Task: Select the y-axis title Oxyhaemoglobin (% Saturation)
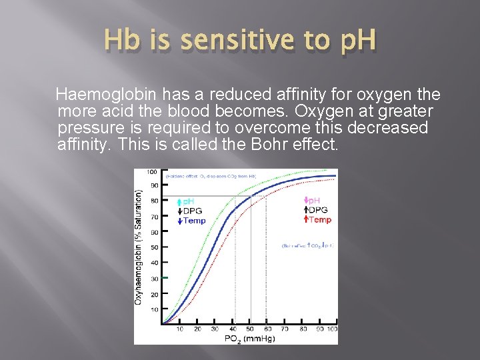(139, 247)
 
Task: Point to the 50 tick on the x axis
(250, 329)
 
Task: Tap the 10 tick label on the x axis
(180, 329)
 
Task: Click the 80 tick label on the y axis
(154, 201)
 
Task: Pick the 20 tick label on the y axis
(154, 294)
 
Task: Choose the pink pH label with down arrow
(311, 200)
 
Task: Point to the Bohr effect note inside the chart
(307, 245)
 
